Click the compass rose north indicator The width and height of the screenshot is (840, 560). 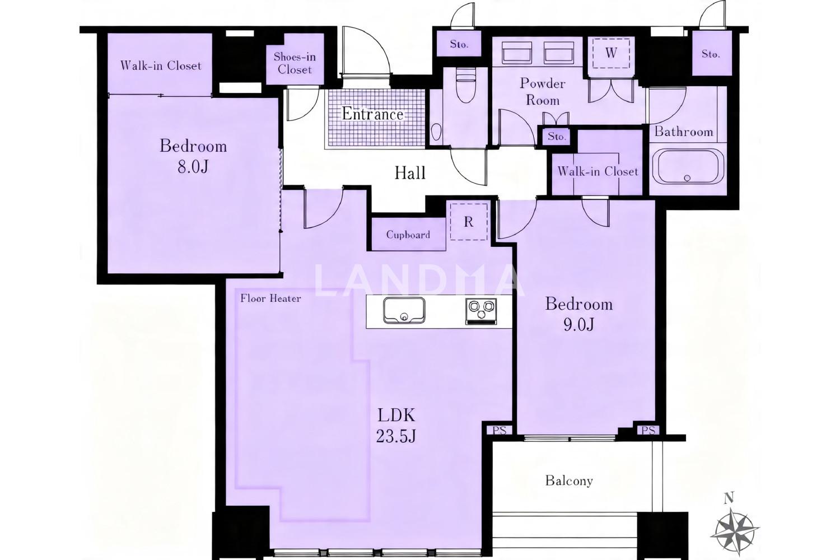(736, 529)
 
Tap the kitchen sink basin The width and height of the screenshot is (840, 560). (404, 310)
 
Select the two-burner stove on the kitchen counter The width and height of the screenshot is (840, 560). (481, 311)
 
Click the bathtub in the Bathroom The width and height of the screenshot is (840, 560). (688, 166)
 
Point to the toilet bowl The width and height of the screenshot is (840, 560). (465, 86)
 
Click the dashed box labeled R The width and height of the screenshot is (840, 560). (469, 222)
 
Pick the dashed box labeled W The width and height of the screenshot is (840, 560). (611, 53)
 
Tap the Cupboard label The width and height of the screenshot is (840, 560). (408, 235)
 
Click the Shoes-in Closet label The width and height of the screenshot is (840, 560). (295, 63)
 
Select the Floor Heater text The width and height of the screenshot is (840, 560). (270, 298)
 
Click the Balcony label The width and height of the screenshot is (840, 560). (569, 480)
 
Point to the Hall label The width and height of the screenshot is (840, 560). (410, 173)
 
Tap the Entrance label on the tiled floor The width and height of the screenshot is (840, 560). (372, 114)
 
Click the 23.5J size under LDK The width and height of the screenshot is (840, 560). (396, 436)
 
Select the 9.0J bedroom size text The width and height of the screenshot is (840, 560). (578, 324)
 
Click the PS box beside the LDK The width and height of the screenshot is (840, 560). (499, 430)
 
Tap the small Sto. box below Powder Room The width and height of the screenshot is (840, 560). (557, 136)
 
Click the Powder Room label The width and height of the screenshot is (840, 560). (543, 91)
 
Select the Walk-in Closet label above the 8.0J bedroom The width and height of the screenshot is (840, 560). (161, 66)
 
